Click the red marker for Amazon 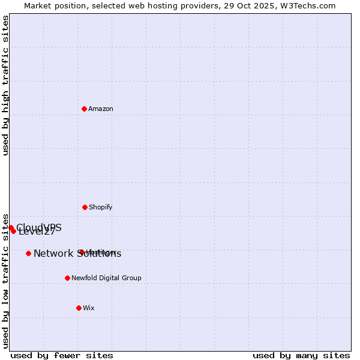[x=85, y=109]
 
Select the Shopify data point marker [x=85, y=207]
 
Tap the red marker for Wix [x=79, y=308]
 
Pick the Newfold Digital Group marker [x=67, y=278]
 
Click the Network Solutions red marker [x=28, y=253]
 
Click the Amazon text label [x=101, y=109]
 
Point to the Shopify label [x=100, y=207]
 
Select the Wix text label [x=89, y=308]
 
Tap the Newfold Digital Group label [x=106, y=278]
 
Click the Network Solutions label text [x=77, y=253]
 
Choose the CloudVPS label [x=39, y=227]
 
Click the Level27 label [x=37, y=232]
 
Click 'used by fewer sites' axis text [x=62, y=355]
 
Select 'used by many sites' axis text [x=301, y=355]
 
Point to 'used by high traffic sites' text [x=6, y=86]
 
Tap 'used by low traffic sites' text [x=6, y=281]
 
